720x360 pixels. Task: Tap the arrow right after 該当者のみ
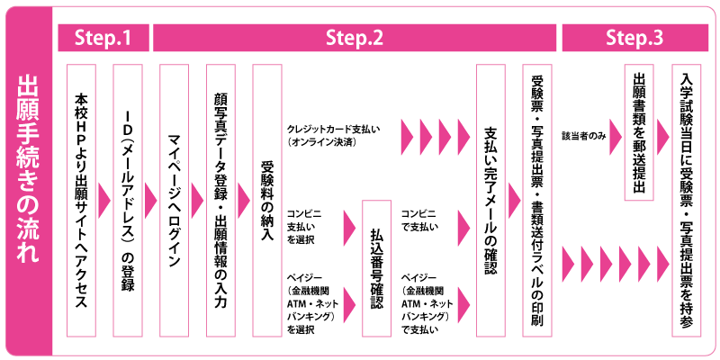[612, 135]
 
